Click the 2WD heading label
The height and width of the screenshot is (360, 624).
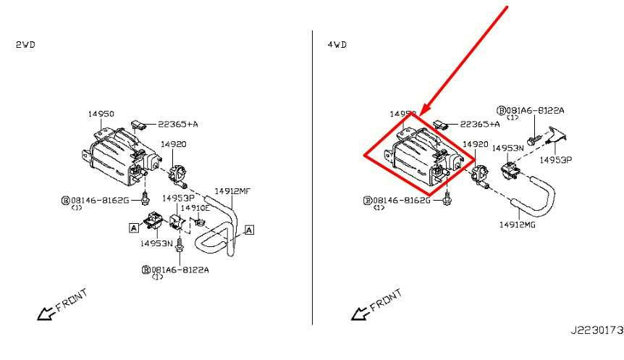pos(25,45)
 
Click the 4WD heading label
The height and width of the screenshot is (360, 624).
pos(337,45)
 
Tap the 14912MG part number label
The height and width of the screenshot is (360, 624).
pos(518,224)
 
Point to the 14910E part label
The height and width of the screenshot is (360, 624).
pos(195,208)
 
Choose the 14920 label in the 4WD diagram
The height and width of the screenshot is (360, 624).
pos(475,145)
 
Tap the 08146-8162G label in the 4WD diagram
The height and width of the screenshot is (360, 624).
pos(401,200)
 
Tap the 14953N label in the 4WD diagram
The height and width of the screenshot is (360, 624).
pos(507,148)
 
